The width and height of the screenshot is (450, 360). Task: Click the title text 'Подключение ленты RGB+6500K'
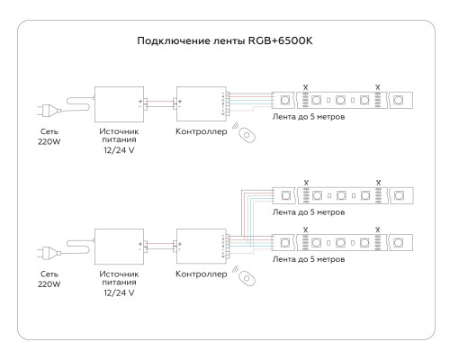click(225, 40)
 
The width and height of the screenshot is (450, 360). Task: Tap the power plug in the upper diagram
click(49, 110)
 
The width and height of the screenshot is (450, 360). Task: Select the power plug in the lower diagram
click(49, 253)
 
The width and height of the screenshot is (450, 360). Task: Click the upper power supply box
click(119, 104)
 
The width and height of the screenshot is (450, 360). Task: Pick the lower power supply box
click(119, 247)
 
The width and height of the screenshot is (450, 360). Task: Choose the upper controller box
click(201, 104)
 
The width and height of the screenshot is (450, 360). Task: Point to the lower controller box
click(201, 247)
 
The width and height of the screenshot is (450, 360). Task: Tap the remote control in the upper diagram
click(247, 135)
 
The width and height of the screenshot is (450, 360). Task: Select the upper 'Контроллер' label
click(202, 131)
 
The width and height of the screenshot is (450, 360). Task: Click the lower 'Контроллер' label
click(202, 274)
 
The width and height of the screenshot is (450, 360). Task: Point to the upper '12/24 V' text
click(119, 150)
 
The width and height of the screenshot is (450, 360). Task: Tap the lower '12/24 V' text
click(119, 292)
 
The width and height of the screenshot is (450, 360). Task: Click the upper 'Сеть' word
click(49, 131)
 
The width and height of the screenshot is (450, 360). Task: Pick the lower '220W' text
click(49, 283)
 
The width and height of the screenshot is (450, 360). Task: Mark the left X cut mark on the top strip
click(305, 87)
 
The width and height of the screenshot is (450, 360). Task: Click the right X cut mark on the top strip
click(378, 87)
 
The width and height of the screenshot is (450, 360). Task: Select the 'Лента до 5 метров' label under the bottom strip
click(309, 259)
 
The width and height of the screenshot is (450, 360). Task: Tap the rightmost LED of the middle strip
click(399, 195)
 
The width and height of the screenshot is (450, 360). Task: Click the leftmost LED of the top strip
click(285, 100)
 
